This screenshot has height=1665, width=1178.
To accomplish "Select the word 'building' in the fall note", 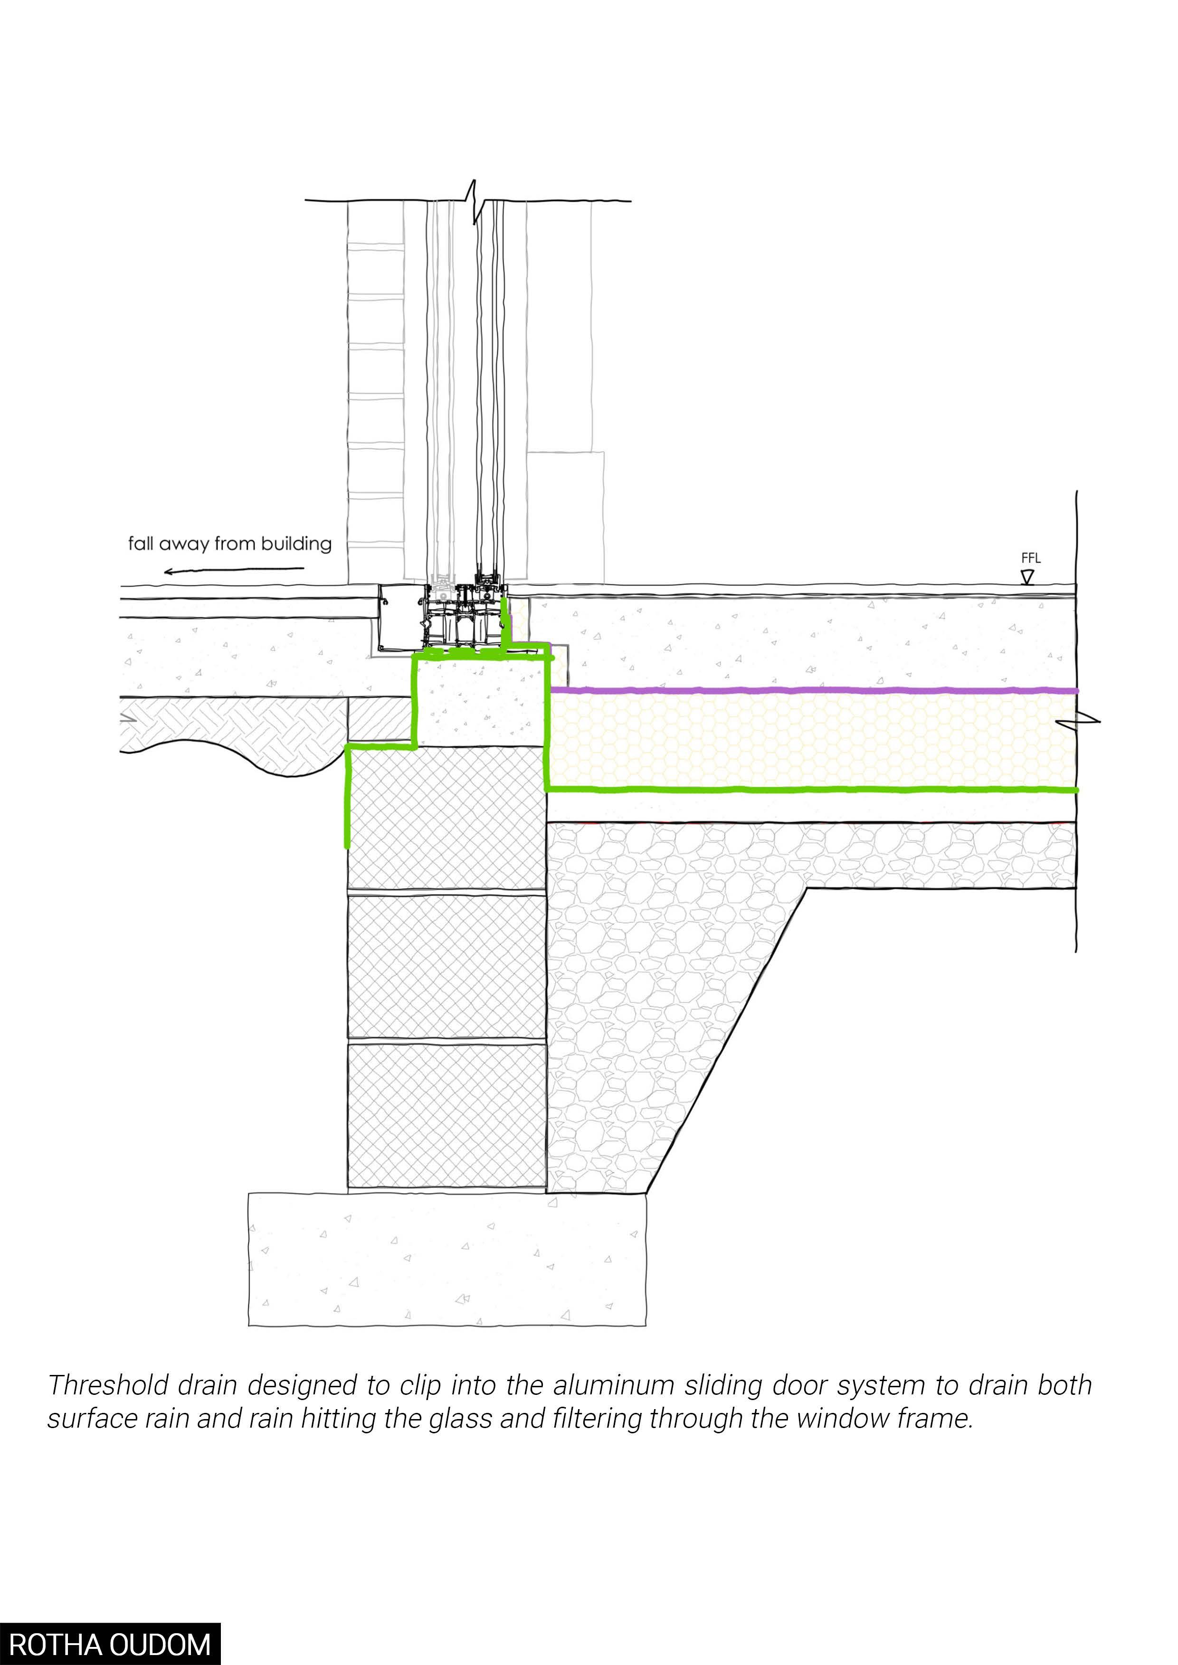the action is (296, 544).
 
